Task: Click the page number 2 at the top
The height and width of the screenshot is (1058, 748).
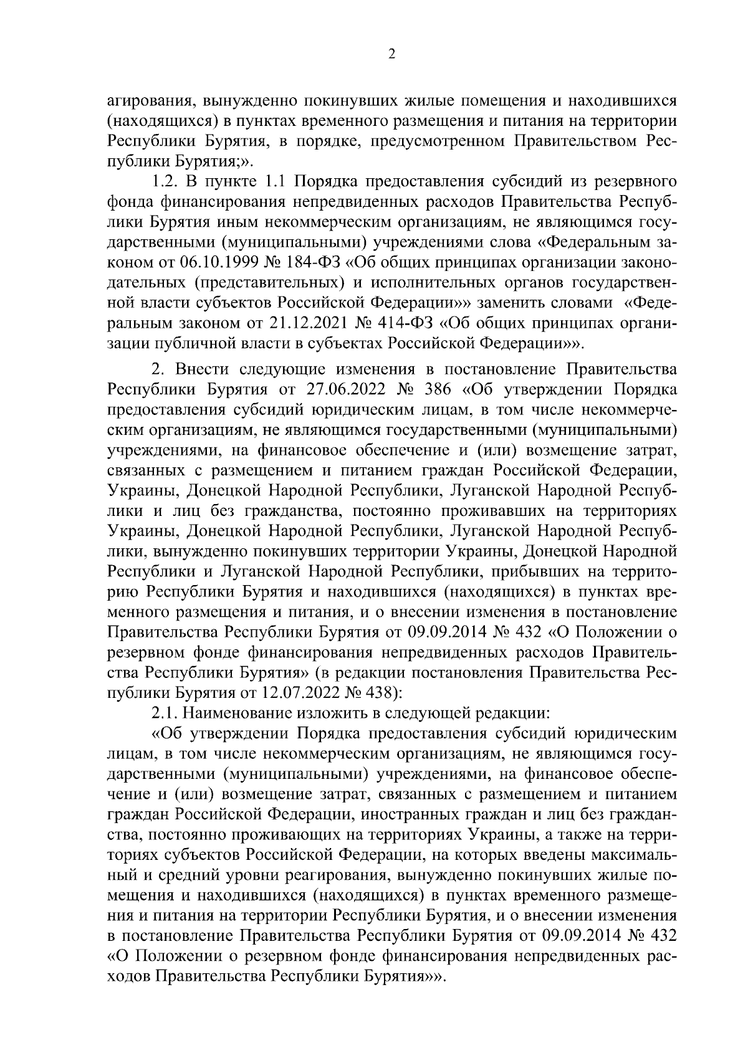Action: [x=391, y=55]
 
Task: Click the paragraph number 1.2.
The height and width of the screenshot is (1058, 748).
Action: [x=164, y=182]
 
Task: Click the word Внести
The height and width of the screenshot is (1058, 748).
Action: [x=199, y=370]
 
